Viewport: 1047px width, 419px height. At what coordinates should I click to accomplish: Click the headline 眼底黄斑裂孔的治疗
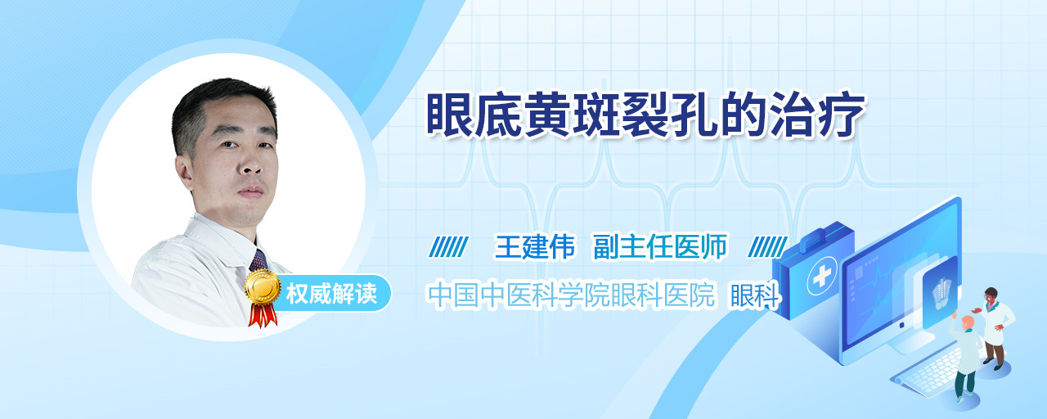(x=645, y=115)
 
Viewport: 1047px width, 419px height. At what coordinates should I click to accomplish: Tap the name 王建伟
(x=535, y=246)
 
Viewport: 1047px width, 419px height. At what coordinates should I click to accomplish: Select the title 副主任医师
(x=660, y=246)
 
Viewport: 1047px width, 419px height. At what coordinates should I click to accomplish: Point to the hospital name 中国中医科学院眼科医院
(x=571, y=295)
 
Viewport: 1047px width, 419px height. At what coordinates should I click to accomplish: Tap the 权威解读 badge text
(x=331, y=294)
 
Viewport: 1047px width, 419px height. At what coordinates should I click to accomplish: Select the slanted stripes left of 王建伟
(x=449, y=247)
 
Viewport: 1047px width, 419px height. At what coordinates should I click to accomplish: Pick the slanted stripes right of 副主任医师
(x=768, y=247)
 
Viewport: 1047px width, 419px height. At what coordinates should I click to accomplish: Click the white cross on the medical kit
(x=822, y=277)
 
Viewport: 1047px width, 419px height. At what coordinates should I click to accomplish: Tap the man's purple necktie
(x=258, y=260)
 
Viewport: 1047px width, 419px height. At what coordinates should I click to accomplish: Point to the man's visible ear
(x=184, y=172)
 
